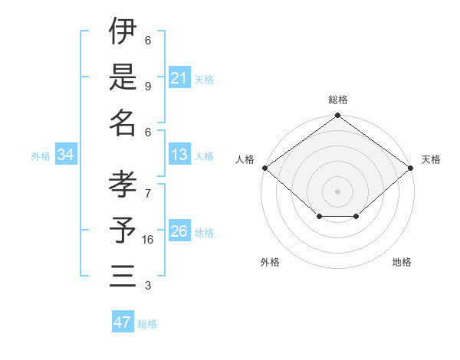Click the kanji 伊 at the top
tap(123, 31)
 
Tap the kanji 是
tap(123, 77)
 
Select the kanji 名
tap(123, 123)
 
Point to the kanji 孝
tap(123, 185)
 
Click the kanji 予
tap(123, 231)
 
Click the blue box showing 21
tap(179, 77)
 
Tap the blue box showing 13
tap(179, 155)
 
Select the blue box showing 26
tap(179, 231)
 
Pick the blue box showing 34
tap(66, 155)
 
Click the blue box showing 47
tap(123, 322)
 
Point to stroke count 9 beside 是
tap(148, 86)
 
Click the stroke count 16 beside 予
tap(148, 239)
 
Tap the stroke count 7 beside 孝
tap(148, 185)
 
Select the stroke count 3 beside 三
tap(148, 286)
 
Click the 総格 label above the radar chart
tap(337, 100)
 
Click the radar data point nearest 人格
tap(264, 168)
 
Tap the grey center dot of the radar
tap(337, 191)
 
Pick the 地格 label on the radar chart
tap(402, 262)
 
